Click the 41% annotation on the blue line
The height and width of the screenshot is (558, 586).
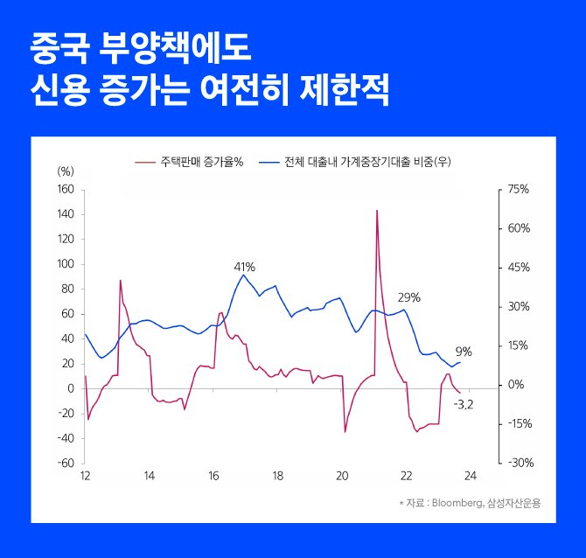pos(244,266)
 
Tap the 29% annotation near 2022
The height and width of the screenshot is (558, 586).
pos(409,297)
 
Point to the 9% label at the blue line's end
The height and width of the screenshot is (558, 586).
pos(464,352)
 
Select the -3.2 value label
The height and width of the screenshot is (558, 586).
pos(464,404)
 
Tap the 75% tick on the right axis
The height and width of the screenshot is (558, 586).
pos(518,189)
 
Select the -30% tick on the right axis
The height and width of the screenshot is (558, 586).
pos(518,464)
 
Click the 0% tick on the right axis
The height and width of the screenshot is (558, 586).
pos(516,385)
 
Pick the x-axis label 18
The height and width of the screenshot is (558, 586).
pos(277,477)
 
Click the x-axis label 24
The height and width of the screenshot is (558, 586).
pos(470,477)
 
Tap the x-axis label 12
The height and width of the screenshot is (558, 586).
pos(85,477)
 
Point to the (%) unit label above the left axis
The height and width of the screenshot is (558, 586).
pos(66,171)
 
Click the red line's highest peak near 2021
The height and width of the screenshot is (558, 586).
pos(377,211)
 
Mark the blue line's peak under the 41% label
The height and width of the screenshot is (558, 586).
pos(244,275)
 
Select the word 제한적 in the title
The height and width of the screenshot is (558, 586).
pos(347,90)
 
